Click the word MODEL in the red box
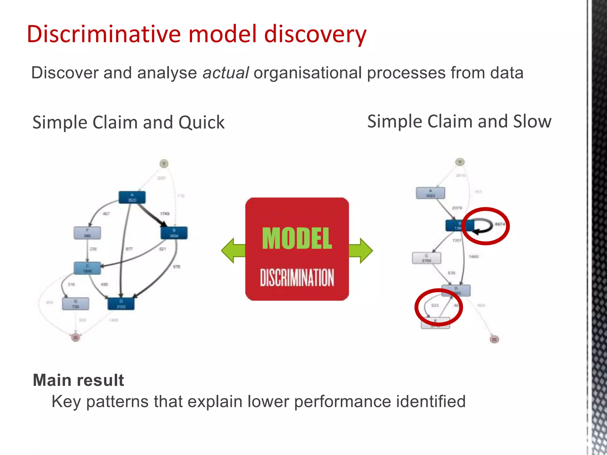tap(297, 238)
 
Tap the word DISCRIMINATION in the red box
tap(297, 278)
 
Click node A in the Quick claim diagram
tap(132, 198)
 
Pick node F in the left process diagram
tap(87, 233)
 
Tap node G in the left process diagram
tap(75, 304)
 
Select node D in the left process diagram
tap(121, 304)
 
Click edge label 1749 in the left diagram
tap(164, 214)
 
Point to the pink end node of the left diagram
tap(76, 337)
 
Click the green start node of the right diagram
tap(460, 162)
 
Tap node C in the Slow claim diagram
tap(427, 258)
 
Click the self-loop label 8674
tap(500, 224)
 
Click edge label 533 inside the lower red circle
tap(435, 305)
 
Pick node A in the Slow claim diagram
tap(430, 193)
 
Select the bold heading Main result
tap(78, 380)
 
